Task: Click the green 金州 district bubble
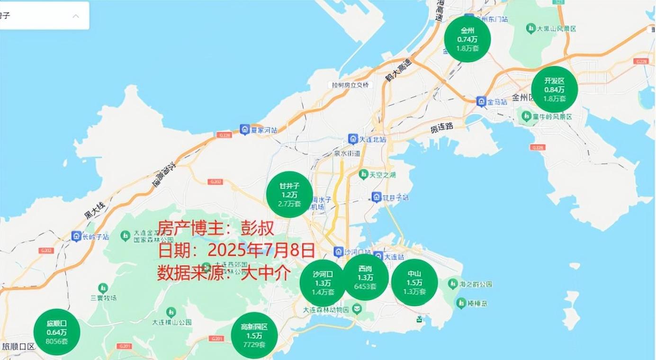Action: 467,39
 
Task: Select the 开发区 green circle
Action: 554,90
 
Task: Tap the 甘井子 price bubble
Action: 289,195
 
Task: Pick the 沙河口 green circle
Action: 323,283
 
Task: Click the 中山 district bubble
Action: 414,282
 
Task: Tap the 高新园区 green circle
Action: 254,335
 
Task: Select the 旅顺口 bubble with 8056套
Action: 57,332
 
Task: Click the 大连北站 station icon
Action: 353,139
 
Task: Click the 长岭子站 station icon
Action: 76,236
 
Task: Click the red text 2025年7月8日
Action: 261,250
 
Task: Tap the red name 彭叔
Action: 259,228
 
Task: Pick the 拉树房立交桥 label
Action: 350,85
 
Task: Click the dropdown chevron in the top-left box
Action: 76,16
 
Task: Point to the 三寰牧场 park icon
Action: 103,288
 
